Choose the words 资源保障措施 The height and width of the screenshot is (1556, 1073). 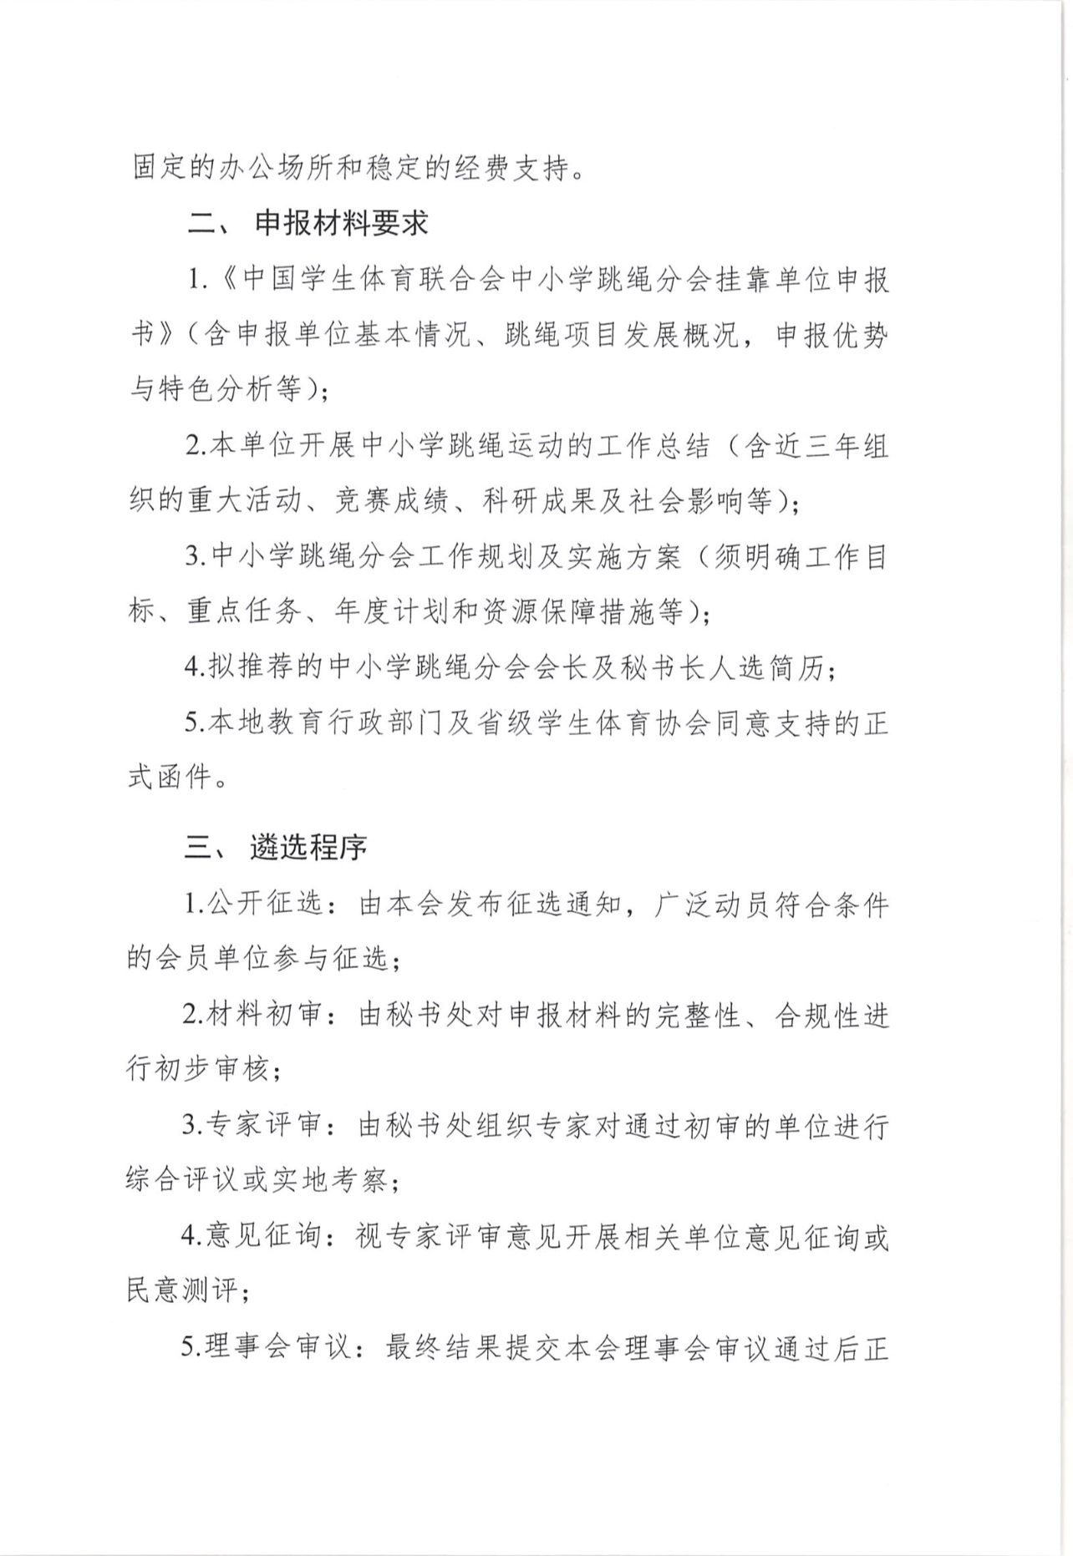click(x=582, y=612)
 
